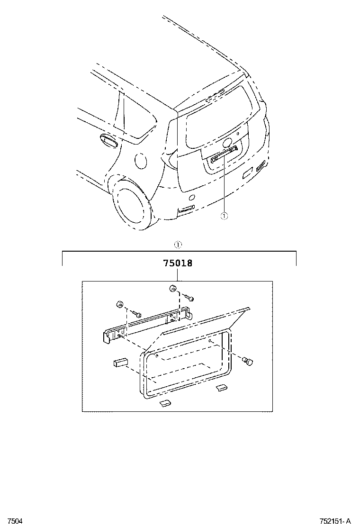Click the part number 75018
coord(178,263)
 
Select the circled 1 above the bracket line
coord(178,245)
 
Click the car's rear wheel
coord(132,205)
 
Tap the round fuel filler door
coord(141,161)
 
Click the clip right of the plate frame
coord(247,362)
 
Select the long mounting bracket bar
coord(147,325)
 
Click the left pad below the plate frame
coord(164,403)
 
